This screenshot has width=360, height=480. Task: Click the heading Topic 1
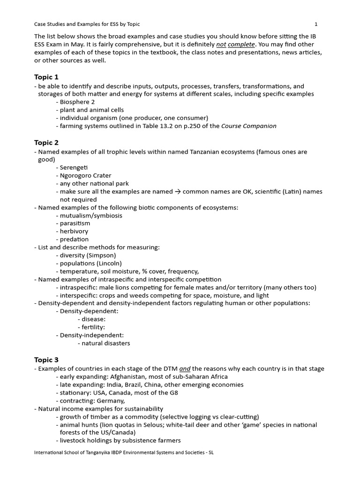[x=46, y=77]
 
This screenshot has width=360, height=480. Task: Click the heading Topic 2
[x=46, y=142]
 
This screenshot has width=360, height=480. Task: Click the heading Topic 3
[x=46, y=360]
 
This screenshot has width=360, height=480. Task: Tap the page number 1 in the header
[x=316, y=24]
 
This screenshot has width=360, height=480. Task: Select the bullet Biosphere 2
[x=77, y=102]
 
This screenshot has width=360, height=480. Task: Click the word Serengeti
[x=74, y=167]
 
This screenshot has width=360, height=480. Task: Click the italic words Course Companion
[x=248, y=126]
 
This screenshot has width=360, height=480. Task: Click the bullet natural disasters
[x=106, y=343]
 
